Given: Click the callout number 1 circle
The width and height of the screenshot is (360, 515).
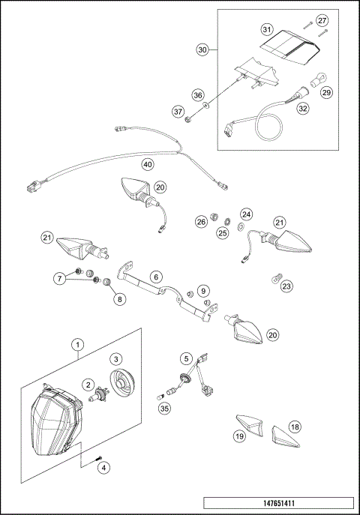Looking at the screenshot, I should (76, 344).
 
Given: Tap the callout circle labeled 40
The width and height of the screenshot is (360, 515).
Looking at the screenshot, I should (148, 163).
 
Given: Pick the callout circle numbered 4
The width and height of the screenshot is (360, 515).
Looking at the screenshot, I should (104, 467).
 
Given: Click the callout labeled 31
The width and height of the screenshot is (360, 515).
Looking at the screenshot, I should (266, 30).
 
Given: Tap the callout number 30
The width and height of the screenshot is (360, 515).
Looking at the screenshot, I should (202, 49).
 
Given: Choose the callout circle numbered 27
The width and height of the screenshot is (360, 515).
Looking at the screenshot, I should (321, 20).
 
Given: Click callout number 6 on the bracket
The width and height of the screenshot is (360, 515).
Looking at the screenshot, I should (155, 277).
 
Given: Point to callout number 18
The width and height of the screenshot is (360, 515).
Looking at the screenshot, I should (295, 427).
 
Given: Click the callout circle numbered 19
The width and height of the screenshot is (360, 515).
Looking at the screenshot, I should (239, 436).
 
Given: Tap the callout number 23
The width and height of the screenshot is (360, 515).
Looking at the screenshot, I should (286, 285).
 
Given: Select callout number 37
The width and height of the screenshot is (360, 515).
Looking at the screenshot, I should (178, 112).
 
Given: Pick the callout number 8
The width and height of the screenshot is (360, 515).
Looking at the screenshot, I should (118, 298).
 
